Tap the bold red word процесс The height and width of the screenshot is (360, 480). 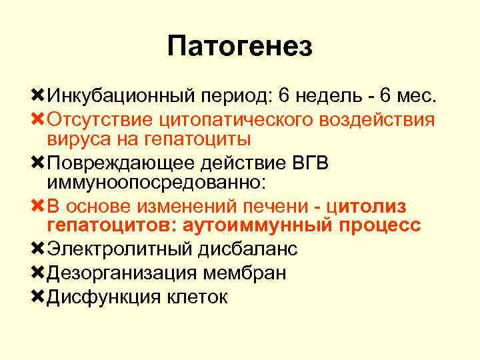pyautogui.click(x=379, y=225)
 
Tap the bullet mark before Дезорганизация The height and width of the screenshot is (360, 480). pyautogui.click(x=38, y=272)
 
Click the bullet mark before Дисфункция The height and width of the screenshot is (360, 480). pyautogui.click(x=38, y=296)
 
